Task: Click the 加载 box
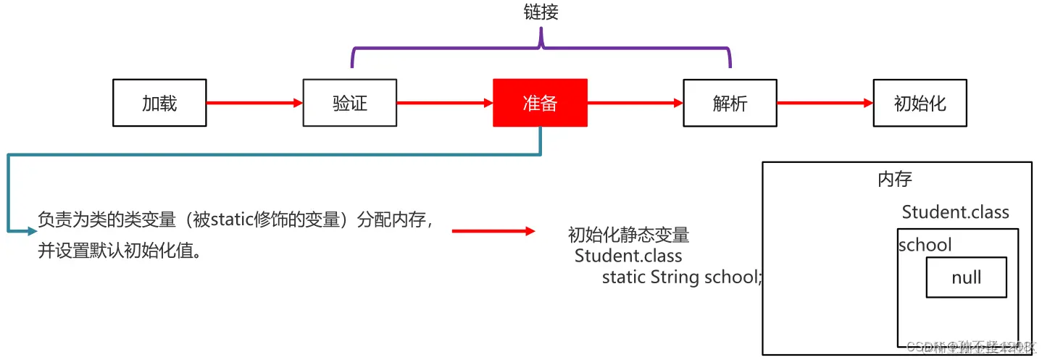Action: (x=159, y=103)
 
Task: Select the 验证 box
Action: (x=350, y=103)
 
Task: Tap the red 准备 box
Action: (x=540, y=103)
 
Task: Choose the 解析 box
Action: (x=730, y=103)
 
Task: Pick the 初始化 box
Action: (x=920, y=103)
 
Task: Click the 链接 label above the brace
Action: (x=541, y=12)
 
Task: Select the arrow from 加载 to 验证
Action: (x=254, y=103)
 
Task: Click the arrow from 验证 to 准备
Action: (x=445, y=103)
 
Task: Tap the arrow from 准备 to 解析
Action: (x=635, y=103)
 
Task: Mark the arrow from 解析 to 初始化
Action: (x=825, y=103)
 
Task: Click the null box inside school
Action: (x=966, y=277)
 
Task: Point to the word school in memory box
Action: (x=925, y=245)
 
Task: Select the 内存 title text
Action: (x=895, y=180)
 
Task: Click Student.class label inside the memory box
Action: (x=955, y=212)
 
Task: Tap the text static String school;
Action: (x=682, y=277)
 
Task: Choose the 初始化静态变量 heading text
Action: (x=628, y=235)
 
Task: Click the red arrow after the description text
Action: (x=493, y=231)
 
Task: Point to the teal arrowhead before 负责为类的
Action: (x=31, y=231)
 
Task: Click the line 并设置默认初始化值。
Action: (x=120, y=251)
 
